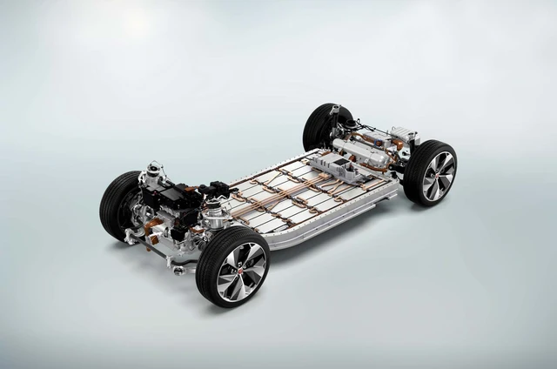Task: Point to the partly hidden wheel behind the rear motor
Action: (x=320, y=126)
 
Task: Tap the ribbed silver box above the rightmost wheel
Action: (x=402, y=135)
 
